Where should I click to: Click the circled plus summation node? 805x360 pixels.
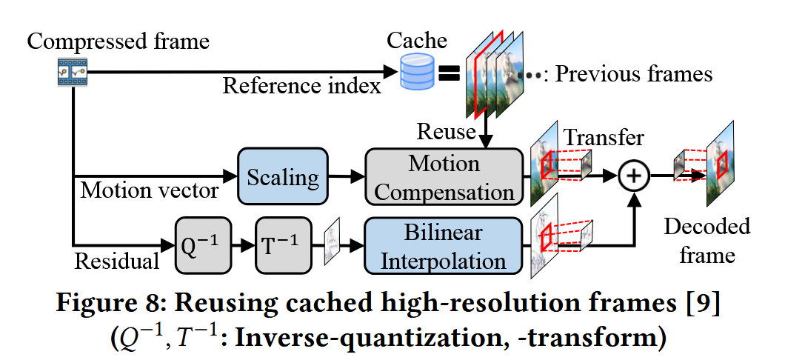(635, 176)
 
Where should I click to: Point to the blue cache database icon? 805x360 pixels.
(416, 71)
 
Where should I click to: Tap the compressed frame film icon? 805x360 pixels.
(73, 72)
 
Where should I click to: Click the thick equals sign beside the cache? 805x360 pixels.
(448, 73)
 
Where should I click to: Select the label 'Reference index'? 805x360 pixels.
(302, 87)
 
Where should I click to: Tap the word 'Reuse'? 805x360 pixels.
(445, 132)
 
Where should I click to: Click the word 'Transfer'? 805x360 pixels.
(604, 138)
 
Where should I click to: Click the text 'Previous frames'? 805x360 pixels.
(633, 73)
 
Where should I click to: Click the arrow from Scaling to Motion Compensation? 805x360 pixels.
(346, 176)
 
